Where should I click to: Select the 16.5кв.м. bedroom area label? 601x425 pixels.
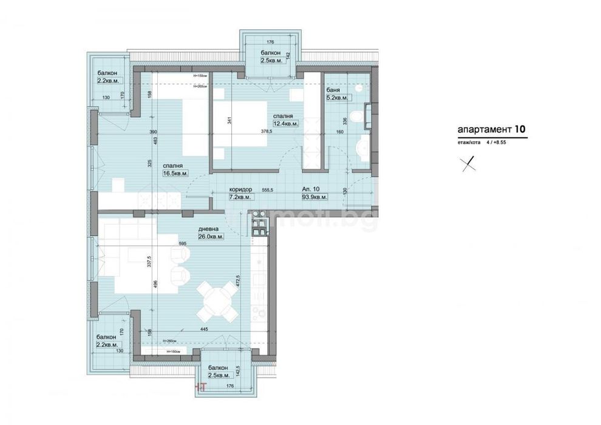175,173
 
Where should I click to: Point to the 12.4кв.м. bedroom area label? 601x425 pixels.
286,124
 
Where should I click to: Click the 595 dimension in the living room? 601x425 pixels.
182,243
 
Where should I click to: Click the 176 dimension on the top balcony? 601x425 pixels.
270,42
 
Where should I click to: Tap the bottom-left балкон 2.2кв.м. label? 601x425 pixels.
107,341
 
